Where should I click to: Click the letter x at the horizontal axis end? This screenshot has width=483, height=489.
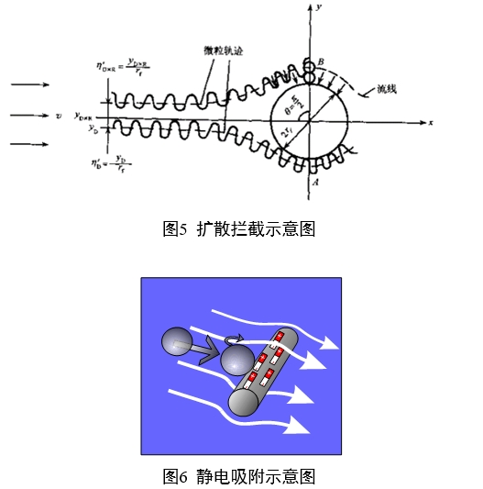(x=429, y=121)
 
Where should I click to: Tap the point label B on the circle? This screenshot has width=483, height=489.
(x=321, y=61)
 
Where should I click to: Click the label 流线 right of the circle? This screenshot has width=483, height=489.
(x=389, y=92)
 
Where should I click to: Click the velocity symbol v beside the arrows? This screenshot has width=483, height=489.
(x=59, y=116)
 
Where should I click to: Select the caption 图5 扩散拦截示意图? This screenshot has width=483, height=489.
(x=239, y=229)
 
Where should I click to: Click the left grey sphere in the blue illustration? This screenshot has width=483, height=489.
(x=177, y=343)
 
